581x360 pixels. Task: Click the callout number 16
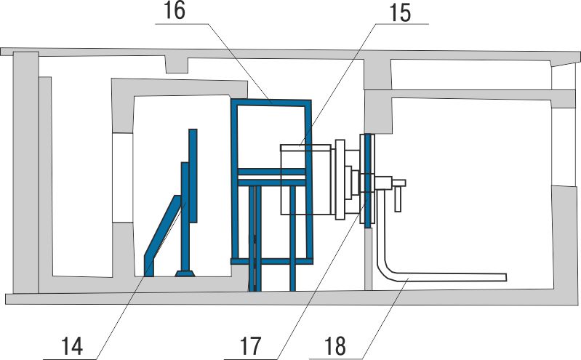[x=174, y=11]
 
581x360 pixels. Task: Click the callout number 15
[x=400, y=13]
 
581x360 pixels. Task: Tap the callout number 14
[x=72, y=346]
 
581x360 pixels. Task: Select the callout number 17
[x=251, y=346]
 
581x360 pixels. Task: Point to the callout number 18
[x=335, y=346]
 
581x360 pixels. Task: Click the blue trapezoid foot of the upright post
[x=185, y=273]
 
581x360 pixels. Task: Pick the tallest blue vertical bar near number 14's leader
[x=193, y=176]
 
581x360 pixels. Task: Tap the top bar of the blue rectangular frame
[x=271, y=103]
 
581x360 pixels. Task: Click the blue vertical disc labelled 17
[x=367, y=180]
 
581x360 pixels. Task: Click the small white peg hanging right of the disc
[x=398, y=199]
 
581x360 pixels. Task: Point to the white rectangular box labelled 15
[x=305, y=180]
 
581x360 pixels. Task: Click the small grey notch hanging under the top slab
[x=177, y=65]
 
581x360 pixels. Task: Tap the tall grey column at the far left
[x=25, y=172]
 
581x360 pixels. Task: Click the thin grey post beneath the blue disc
[x=368, y=259]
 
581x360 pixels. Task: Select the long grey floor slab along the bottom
[x=293, y=297]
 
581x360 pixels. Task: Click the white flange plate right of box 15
[x=340, y=180]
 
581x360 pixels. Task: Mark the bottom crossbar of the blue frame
[x=272, y=261]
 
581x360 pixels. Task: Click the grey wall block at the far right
[x=566, y=237]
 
